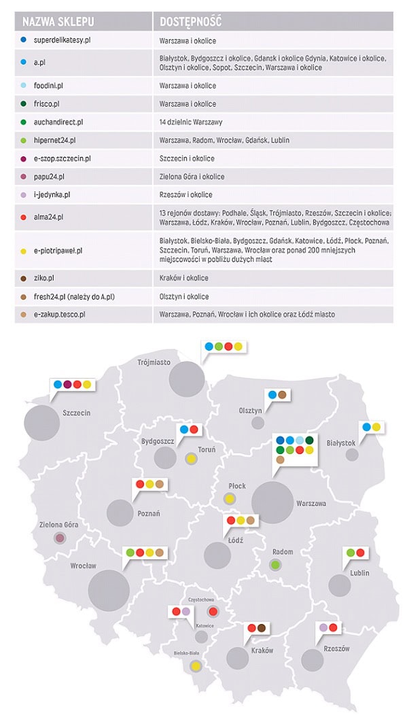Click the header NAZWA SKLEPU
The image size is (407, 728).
58,21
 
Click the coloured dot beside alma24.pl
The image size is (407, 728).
24,217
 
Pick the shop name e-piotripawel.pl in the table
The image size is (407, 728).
58,251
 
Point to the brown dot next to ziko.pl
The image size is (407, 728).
24,279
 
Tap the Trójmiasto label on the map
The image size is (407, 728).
154,362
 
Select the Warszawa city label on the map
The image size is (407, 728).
311,504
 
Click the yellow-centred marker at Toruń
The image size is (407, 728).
192,460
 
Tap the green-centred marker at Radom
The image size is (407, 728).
275,565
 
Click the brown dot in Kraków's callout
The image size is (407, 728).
262,629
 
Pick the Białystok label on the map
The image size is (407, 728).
341,443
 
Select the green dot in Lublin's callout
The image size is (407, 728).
351,553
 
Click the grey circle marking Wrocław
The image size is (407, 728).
109,590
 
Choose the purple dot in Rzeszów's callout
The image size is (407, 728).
324,627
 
